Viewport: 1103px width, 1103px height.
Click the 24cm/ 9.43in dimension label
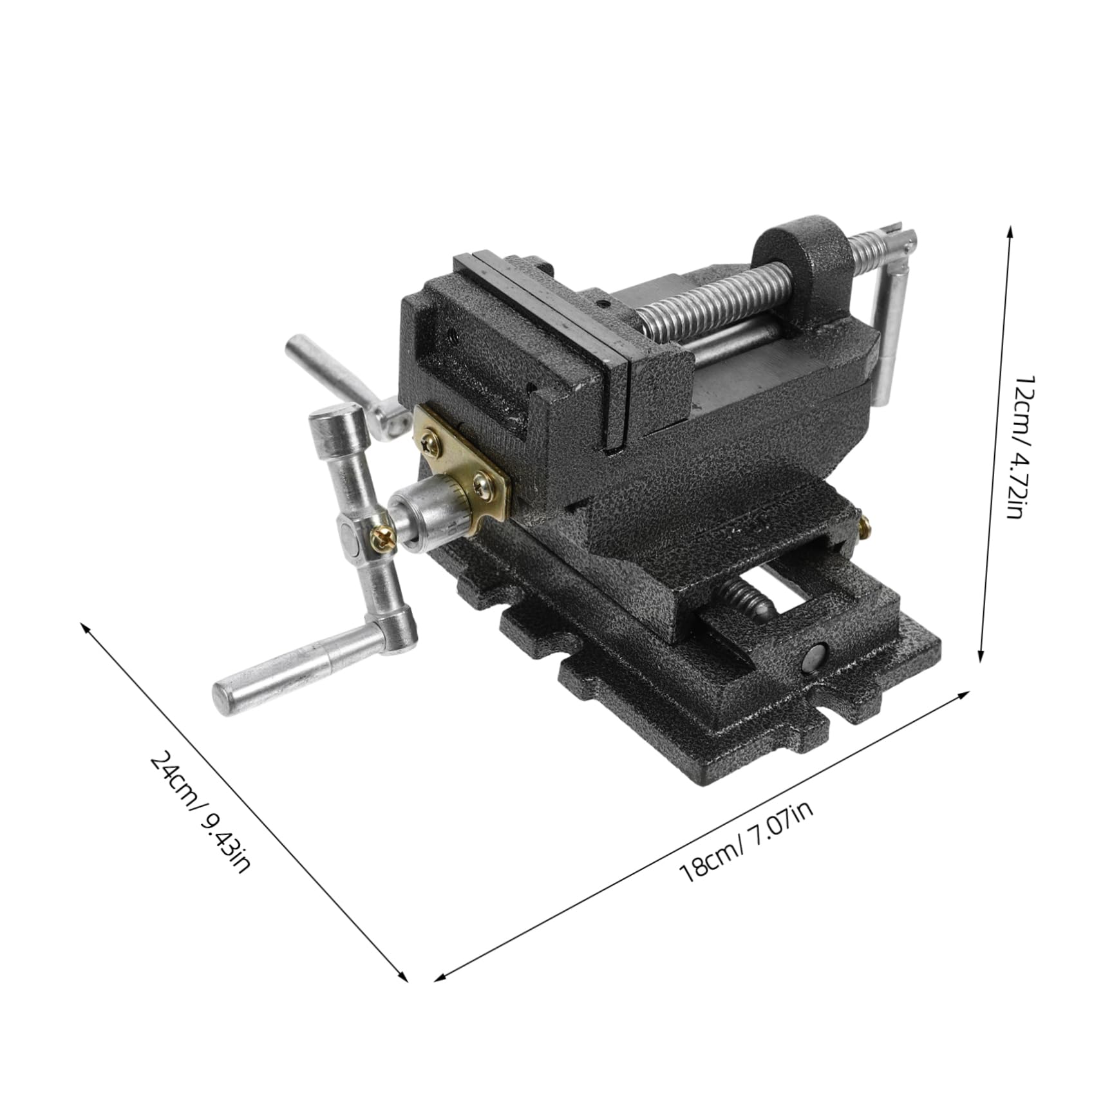point(199,813)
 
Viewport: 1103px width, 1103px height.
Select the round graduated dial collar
point(430,509)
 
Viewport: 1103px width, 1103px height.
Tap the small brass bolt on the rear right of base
point(866,528)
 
